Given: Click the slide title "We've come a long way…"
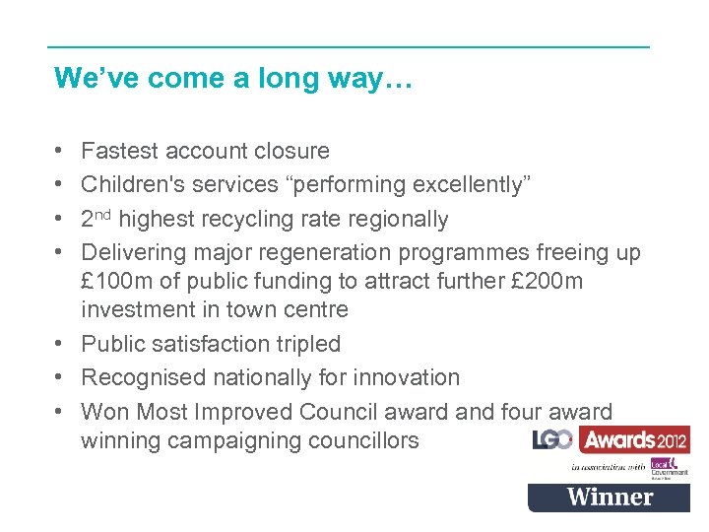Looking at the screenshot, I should point(233,78).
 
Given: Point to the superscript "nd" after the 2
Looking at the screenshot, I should point(103,215).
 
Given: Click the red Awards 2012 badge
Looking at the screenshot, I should point(634,439).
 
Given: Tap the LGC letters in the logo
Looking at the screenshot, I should point(552,440).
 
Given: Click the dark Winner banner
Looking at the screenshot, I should point(609,498).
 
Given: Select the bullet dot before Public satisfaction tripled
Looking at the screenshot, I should point(60,345).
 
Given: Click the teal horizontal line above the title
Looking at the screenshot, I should point(349,46).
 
